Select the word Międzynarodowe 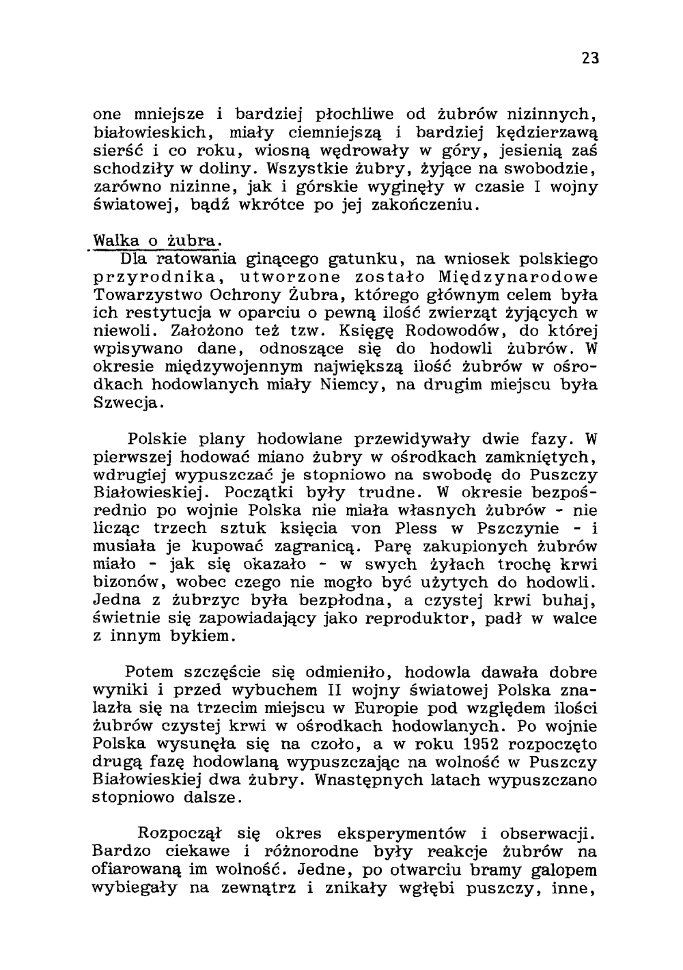point(518,277)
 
